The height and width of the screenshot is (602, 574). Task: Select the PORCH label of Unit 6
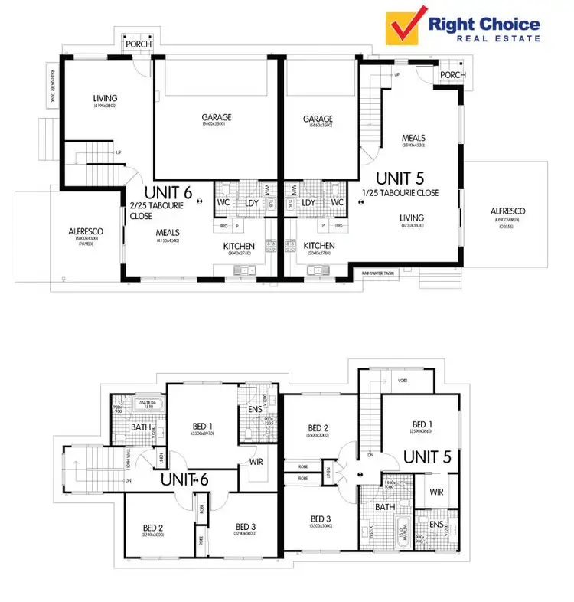(x=139, y=44)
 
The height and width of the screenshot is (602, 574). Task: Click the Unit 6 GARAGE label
(x=217, y=118)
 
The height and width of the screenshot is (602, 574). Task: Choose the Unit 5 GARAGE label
(x=318, y=119)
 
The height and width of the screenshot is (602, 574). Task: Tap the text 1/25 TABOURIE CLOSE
(x=401, y=193)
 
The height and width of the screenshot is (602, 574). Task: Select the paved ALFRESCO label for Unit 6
(x=86, y=231)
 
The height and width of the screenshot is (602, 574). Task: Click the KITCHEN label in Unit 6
(x=239, y=246)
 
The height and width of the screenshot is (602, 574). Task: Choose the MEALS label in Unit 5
(x=413, y=139)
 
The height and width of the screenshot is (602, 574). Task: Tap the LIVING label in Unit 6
(x=105, y=98)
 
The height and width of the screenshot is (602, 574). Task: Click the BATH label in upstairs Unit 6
(x=140, y=427)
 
